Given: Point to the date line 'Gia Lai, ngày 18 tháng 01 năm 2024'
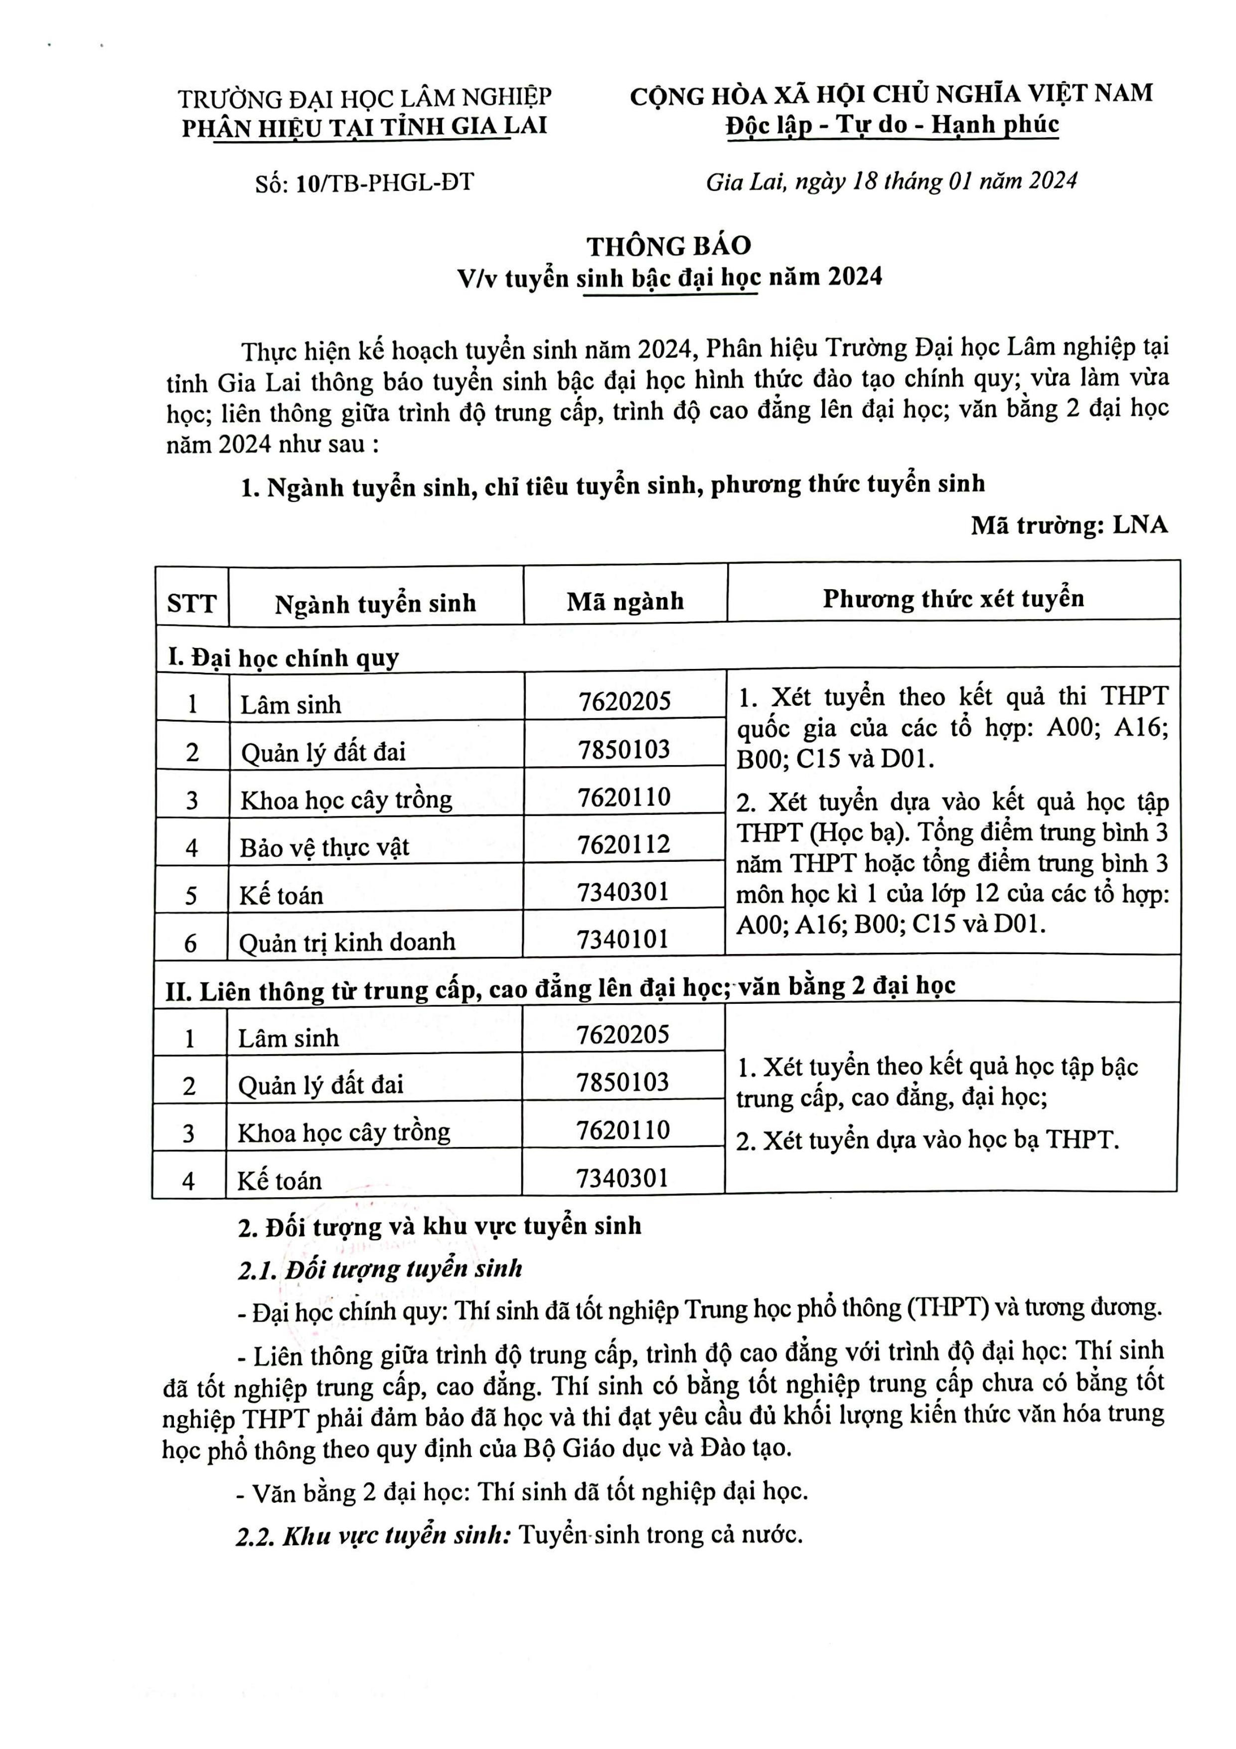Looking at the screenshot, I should click(891, 181).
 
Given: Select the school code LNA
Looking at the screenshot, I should click(1140, 525).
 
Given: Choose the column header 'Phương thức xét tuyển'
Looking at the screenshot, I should click(953, 598).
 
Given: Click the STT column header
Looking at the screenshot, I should click(192, 603).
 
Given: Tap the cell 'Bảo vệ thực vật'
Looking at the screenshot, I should click(324, 847).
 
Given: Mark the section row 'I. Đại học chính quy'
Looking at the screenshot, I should click(283, 657).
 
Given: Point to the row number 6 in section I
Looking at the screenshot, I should click(190, 943).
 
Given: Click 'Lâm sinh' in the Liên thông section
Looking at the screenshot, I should click(288, 1038).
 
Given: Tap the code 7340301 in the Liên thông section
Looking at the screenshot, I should click(622, 1178).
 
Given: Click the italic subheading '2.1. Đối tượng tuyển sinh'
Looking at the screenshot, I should click(380, 1269).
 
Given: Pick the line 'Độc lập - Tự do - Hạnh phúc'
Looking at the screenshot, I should click(892, 124).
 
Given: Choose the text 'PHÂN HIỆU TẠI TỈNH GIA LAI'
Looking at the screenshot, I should click(364, 127).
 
